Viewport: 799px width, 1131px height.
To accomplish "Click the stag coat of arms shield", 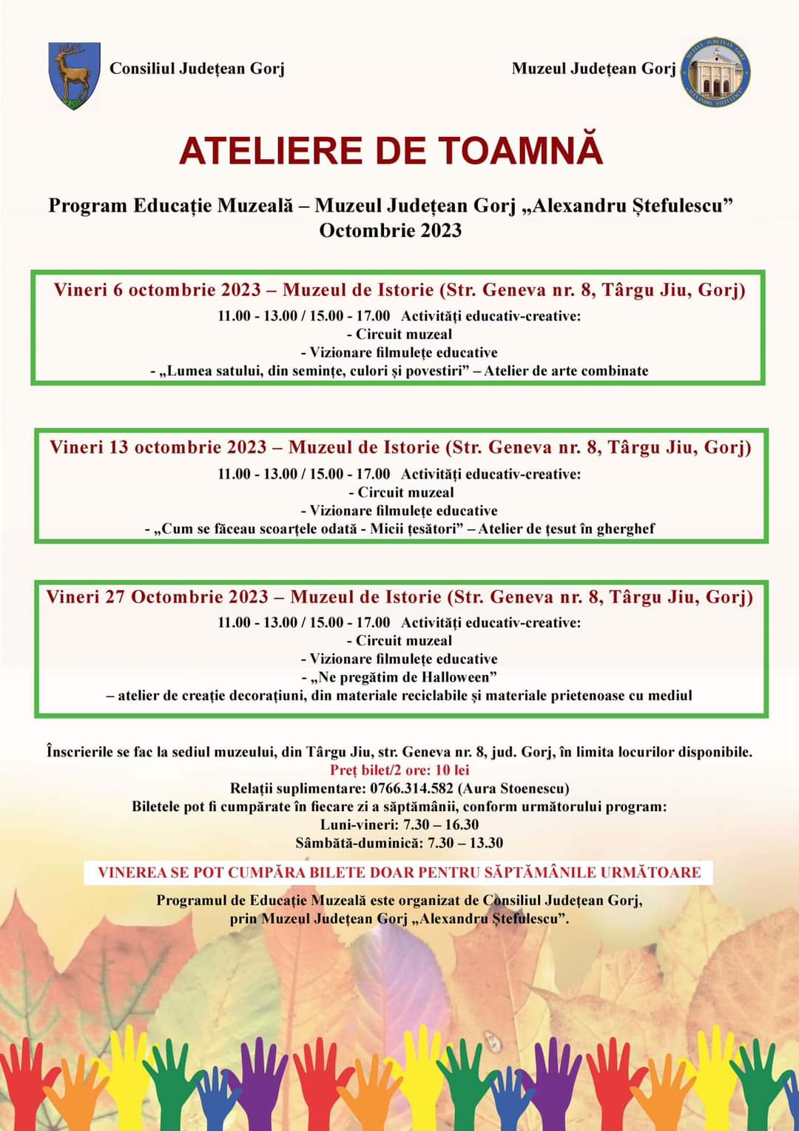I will (x=73, y=75).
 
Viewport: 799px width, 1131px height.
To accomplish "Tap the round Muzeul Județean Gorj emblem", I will (x=715, y=73).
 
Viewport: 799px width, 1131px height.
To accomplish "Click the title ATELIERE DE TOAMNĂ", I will (x=391, y=150).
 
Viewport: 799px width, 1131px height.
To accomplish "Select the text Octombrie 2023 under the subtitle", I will (x=390, y=230).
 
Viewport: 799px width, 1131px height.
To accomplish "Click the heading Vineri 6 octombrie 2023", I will (x=157, y=289).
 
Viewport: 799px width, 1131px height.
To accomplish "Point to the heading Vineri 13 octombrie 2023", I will (x=158, y=447).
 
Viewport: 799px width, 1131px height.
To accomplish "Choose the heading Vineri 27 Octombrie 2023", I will (x=157, y=597).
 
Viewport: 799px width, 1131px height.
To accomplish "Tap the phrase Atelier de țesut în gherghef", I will (x=566, y=528).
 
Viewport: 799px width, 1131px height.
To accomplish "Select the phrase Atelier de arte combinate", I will (x=566, y=371).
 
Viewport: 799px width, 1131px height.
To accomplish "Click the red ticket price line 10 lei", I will (x=399, y=770).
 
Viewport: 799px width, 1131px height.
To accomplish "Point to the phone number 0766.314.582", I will (x=411, y=788).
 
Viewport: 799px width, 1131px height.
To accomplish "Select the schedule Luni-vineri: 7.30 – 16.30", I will (x=399, y=825).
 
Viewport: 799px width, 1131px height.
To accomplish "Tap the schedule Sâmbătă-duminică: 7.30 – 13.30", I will (x=399, y=843).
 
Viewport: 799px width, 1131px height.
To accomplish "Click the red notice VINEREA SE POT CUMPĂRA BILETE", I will (x=399, y=872).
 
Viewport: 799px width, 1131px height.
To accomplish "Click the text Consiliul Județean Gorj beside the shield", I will (x=197, y=69).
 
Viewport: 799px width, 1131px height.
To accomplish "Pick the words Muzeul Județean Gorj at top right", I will (x=593, y=69).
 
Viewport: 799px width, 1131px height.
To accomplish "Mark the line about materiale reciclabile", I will (x=399, y=696).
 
